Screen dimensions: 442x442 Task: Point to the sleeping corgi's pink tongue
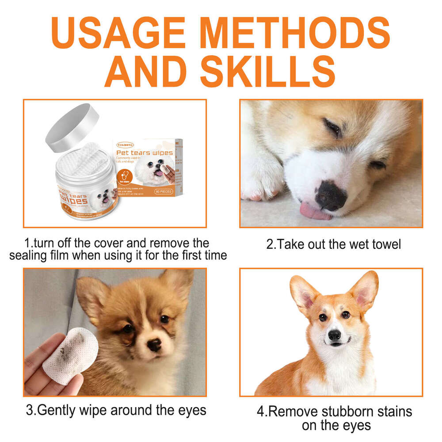coord(314,211)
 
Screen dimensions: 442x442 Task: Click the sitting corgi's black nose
coord(335,335)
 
